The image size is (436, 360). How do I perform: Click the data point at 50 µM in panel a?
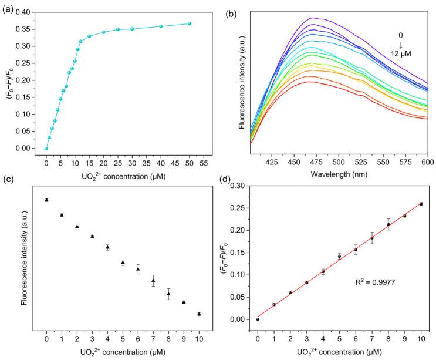190,23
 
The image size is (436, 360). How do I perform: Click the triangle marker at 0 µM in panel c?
46,200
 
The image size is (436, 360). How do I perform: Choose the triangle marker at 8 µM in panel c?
168,294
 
